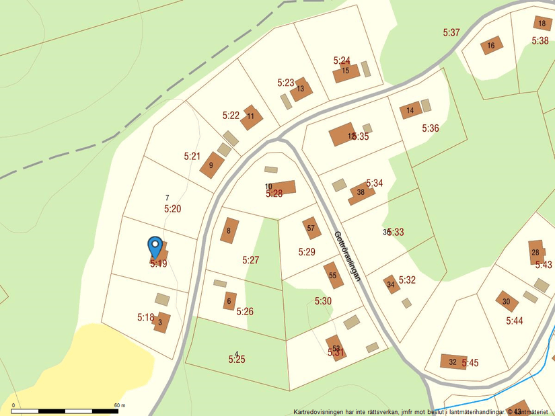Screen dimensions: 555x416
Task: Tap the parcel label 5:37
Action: click(451, 32)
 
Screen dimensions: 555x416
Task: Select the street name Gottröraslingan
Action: click(348, 256)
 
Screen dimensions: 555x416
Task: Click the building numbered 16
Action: click(491, 46)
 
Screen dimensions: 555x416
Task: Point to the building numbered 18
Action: click(542, 24)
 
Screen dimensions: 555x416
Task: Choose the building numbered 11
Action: click(251, 116)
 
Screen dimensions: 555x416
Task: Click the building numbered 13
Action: click(301, 89)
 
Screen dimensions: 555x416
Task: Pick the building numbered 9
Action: click(211, 165)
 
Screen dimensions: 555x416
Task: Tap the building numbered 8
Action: click(229, 231)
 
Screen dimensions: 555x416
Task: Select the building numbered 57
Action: click(311, 228)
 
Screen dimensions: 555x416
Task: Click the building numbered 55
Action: click(332, 276)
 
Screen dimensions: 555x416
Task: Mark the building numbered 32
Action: click(453, 362)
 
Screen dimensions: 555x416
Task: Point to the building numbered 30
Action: click(507, 302)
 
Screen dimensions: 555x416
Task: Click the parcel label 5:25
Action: click(237, 360)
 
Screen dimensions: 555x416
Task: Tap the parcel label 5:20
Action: click(172, 209)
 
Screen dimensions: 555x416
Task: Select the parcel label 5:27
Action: click(251, 260)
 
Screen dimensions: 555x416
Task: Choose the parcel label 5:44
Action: click(515, 321)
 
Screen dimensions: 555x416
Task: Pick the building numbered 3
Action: click(161, 323)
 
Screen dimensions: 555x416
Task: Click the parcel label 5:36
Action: click(431, 128)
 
